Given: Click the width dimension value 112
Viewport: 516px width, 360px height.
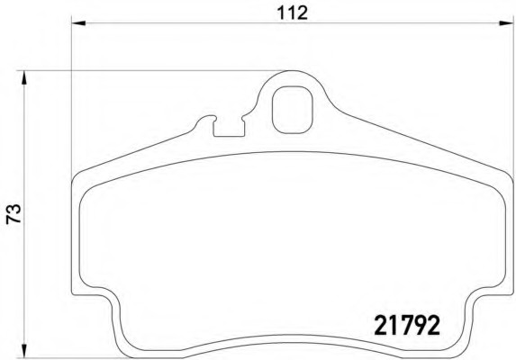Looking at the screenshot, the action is [293, 13].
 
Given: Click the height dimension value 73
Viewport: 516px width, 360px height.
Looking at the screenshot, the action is [14, 214].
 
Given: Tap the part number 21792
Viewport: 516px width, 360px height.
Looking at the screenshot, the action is [407, 325].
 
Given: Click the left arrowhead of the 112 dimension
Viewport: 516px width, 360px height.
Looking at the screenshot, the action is [78, 23].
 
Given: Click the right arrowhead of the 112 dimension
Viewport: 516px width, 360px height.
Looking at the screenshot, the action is [506, 23].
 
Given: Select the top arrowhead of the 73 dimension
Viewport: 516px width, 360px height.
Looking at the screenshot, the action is [23, 78].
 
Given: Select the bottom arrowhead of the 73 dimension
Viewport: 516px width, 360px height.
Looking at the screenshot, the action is [23, 350].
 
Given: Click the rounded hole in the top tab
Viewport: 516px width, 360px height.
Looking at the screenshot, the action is [292, 110].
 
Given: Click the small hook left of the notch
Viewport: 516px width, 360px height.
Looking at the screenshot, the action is [205, 119].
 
